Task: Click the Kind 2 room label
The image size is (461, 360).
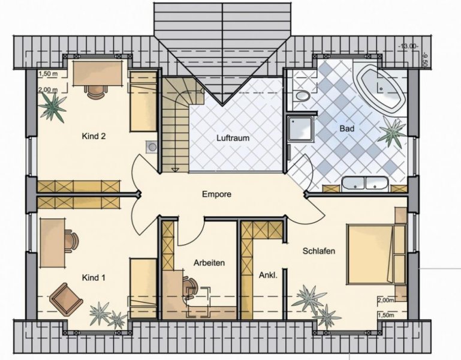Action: coord(94,136)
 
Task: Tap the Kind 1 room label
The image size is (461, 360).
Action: coord(94,278)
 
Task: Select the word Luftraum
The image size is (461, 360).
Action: coord(233,138)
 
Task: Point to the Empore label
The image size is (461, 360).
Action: coord(216,194)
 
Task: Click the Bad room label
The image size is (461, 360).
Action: coord(346,128)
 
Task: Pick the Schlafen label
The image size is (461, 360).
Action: coord(319,251)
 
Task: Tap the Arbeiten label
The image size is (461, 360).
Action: coord(209,263)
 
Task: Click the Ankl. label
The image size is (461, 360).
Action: coord(268,275)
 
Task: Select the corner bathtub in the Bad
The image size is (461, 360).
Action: coord(381,88)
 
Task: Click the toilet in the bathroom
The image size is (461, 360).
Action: coord(302,95)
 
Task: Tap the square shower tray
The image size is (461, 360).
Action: coord(300,128)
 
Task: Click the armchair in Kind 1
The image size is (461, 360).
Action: coord(66,299)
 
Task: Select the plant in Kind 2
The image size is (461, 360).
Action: coord(52,107)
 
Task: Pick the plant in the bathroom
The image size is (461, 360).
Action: coord(393,132)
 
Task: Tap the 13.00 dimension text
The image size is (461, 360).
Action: coord(408,46)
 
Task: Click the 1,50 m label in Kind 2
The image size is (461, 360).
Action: coord(48,74)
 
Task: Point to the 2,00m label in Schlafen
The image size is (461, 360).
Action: coord(385,300)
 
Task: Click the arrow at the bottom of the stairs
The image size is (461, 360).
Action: coord(176,170)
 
